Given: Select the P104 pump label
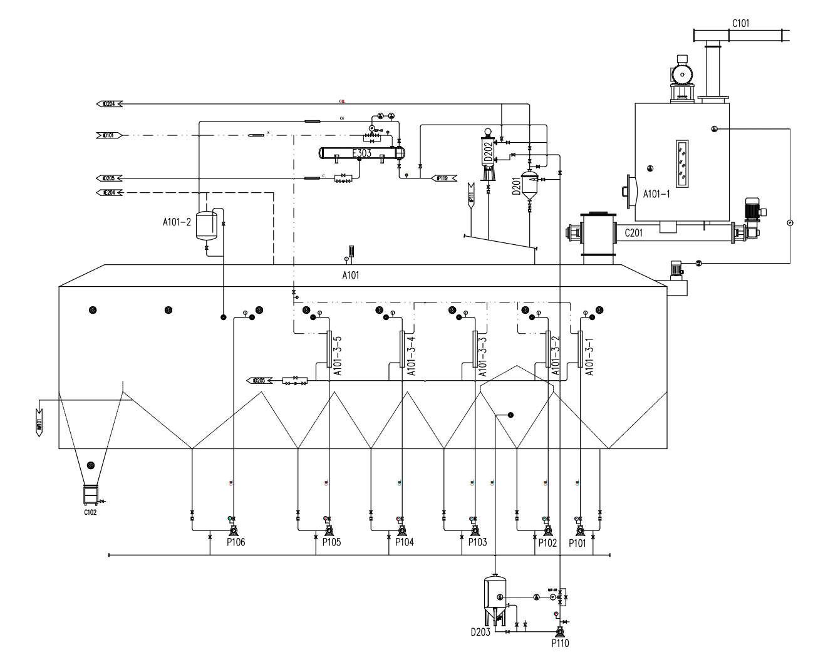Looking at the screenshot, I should (x=404, y=542).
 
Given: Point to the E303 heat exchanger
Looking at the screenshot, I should (x=361, y=153).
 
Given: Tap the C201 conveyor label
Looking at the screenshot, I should (x=635, y=233).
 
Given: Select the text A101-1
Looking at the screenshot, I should (x=657, y=194).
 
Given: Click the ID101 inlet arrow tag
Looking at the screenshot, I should (x=108, y=135).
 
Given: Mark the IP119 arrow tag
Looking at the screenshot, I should (x=446, y=178).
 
